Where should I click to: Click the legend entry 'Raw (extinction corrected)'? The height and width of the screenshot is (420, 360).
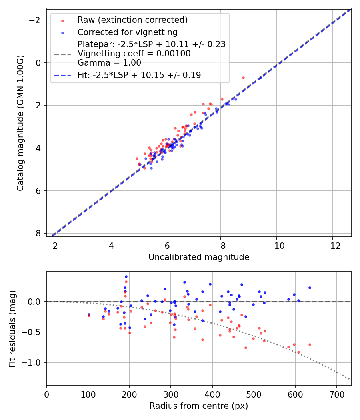pyautogui.click(x=132, y=20)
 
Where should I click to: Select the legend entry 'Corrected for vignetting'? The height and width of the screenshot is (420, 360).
pyautogui.click(x=128, y=32)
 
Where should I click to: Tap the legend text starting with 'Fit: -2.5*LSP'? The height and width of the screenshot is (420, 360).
pyautogui.click(x=139, y=75)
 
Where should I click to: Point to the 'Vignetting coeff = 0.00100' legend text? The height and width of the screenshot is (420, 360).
pyautogui.click(x=134, y=54)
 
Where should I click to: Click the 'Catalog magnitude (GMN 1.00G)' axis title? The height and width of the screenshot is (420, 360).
pyautogui.click(x=20, y=123)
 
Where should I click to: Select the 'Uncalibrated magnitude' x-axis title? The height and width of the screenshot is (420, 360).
pyautogui.click(x=199, y=257)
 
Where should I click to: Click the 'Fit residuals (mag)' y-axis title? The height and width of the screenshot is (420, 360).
pyautogui.click(x=12, y=328)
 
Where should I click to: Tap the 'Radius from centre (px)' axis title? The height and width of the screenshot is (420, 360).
pyautogui.click(x=199, y=406)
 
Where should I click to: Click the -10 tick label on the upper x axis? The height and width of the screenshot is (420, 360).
pyautogui.click(x=276, y=245)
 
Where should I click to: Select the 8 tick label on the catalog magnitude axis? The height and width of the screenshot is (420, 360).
pyautogui.click(x=39, y=233)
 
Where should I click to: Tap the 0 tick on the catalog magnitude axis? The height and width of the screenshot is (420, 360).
pyautogui.click(x=39, y=63)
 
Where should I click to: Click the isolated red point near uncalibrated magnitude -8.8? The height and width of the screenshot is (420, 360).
pyautogui.click(x=243, y=78)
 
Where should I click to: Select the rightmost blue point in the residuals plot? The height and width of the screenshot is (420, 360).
pyautogui.click(x=310, y=288)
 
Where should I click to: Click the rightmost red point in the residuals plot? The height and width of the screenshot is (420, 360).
pyautogui.click(x=310, y=344)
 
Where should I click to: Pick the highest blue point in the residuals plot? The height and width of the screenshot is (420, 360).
pyautogui.click(x=126, y=276)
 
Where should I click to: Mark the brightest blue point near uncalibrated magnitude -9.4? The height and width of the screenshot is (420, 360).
pyautogui.click(x=260, y=78)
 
